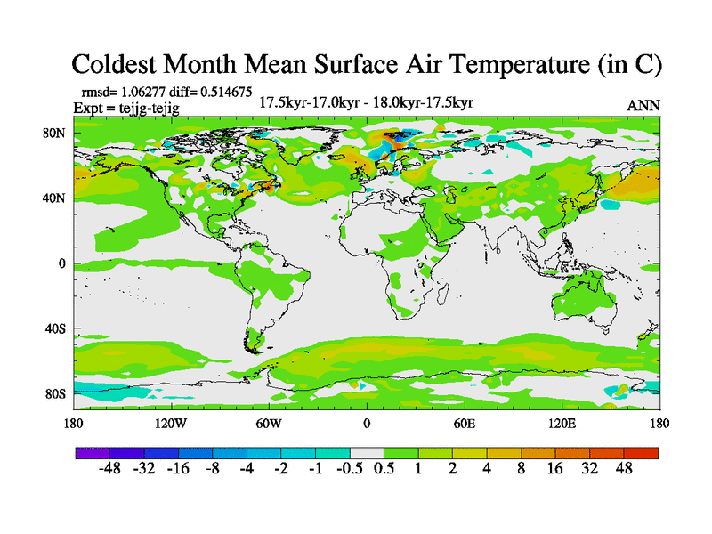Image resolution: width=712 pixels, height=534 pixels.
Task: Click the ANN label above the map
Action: (x=643, y=105)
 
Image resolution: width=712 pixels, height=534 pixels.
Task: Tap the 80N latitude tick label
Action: (x=55, y=133)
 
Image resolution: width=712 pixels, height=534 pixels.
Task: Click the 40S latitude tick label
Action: (x=55, y=328)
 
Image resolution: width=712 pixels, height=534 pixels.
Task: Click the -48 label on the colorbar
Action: (x=112, y=469)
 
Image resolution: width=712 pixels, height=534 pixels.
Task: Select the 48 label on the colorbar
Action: (x=623, y=469)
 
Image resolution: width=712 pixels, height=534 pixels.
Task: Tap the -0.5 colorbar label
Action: (x=345, y=469)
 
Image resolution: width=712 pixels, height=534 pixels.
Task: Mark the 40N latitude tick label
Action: (x=55, y=198)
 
